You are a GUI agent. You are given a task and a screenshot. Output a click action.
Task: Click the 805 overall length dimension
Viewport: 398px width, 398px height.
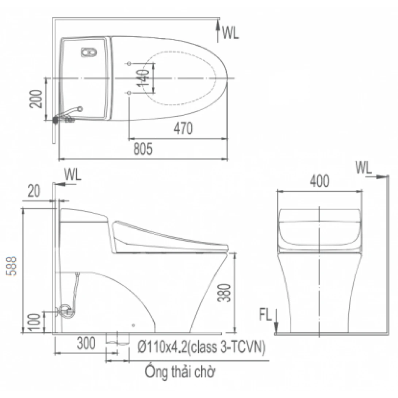(x=143, y=149)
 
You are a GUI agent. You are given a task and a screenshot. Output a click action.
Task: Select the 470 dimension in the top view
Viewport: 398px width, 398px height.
(x=183, y=129)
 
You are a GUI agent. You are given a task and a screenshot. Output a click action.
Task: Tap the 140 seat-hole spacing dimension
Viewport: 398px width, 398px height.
(x=143, y=78)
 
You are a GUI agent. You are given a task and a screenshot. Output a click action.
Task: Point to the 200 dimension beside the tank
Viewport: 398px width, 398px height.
(x=36, y=99)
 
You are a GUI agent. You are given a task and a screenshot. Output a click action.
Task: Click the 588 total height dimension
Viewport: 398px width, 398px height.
(x=12, y=266)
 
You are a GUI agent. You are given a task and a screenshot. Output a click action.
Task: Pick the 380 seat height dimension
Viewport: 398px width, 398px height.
(x=225, y=293)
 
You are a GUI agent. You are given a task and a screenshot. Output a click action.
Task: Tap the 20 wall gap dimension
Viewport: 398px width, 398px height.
(x=34, y=191)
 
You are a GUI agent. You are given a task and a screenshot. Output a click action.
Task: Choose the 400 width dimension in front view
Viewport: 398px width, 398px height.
(x=319, y=181)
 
